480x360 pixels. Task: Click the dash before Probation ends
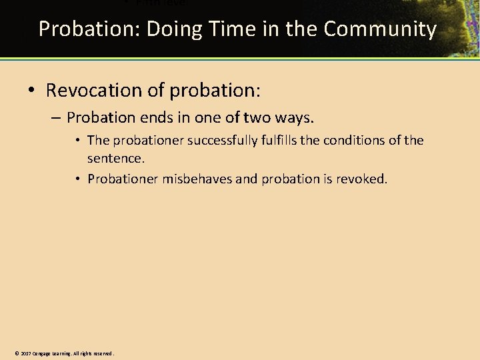tap(55, 119)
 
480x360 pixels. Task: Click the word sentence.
tap(115, 159)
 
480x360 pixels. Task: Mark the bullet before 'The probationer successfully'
tap(78, 141)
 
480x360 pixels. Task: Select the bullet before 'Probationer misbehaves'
tap(78, 179)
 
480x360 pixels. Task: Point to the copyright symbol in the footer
tap(17, 353)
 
